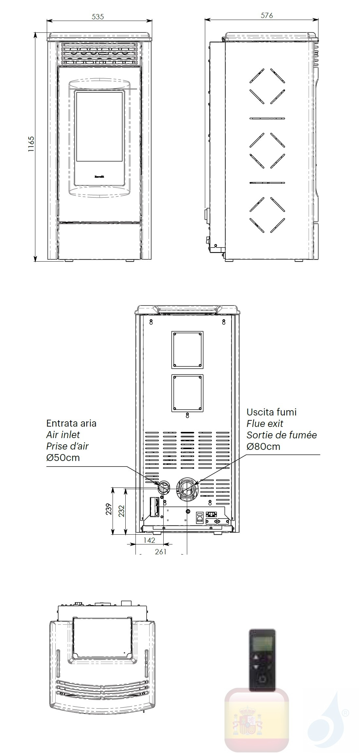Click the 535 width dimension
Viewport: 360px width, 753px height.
click(98, 16)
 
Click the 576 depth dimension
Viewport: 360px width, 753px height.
click(267, 15)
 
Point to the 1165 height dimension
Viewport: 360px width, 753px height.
click(31, 144)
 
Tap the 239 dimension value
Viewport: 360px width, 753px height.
click(109, 509)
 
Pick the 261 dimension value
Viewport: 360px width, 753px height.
click(161, 551)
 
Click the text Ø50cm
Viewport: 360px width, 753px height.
click(63, 457)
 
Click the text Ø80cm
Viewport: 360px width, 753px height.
click(263, 446)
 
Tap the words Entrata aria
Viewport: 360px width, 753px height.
click(71, 423)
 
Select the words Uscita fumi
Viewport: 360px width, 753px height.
click(272, 412)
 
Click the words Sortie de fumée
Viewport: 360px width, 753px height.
click(282, 435)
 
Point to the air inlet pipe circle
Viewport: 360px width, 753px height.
click(163, 488)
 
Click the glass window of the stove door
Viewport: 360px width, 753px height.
click(99, 126)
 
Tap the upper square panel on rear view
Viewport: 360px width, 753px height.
click(187, 350)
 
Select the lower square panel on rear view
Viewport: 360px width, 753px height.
click(187, 393)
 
